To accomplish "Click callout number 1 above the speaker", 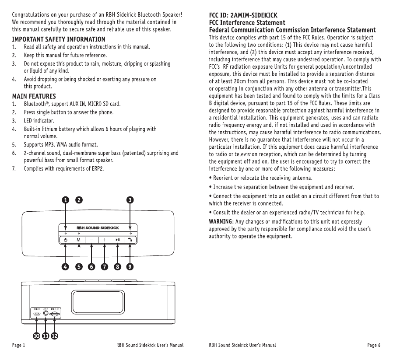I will click(65, 199).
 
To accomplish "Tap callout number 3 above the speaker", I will click(130, 199).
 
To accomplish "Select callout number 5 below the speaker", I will click(79, 266).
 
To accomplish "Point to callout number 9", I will click(130, 266).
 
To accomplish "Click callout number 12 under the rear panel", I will click(54, 336).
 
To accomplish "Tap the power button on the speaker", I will click(66, 240).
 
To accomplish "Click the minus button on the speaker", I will click(92, 240).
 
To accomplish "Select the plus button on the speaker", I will click(105, 240).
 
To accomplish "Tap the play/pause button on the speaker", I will click(118, 240).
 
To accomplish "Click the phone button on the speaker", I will click(130, 240).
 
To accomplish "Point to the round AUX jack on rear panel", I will click(46, 314).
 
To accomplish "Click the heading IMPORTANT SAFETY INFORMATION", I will click(58, 39).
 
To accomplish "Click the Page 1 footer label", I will click(18, 346).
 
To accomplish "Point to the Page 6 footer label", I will click(374, 346).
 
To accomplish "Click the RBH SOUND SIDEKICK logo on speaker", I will click(98, 228).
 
